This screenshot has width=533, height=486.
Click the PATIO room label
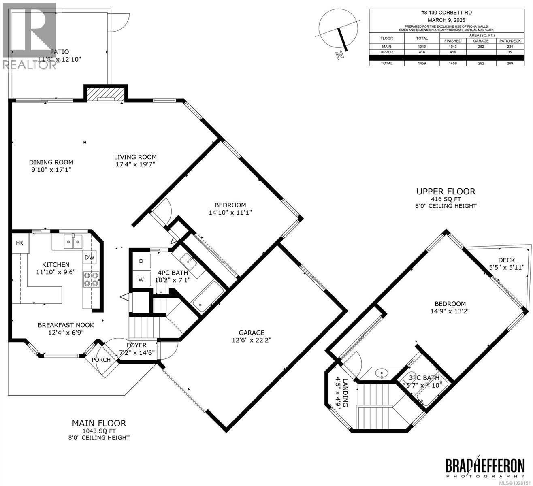tap(59, 52)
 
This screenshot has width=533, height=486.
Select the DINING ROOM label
tap(51, 162)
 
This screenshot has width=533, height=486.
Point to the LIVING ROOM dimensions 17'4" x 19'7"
tap(135, 164)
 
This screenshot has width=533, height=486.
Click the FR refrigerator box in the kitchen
tap(19, 243)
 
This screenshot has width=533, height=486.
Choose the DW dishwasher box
tap(90, 257)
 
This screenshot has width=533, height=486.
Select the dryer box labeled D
tap(141, 261)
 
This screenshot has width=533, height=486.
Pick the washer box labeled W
tap(141, 279)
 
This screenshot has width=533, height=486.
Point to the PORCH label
tap(101, 360)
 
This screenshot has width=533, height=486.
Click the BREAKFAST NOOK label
tap(66, 325)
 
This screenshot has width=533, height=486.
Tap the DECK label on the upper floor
tap(506, 260)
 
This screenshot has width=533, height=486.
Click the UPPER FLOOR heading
tap(446, 192)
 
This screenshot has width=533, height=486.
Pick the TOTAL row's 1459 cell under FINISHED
tap(452, 63)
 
